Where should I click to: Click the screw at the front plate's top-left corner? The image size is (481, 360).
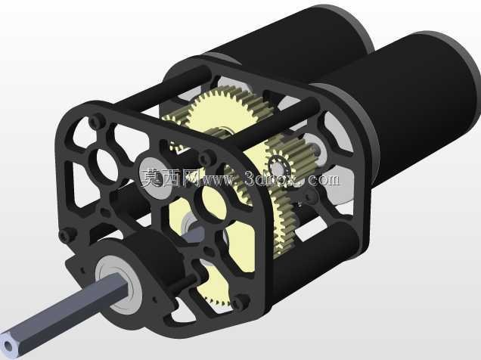(97, 121)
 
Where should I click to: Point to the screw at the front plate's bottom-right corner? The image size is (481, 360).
(240, 301)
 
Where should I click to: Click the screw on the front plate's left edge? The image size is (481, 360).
(66, 235)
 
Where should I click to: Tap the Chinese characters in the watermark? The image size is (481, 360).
(170, 178)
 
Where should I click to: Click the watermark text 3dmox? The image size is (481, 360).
(274, 178)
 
